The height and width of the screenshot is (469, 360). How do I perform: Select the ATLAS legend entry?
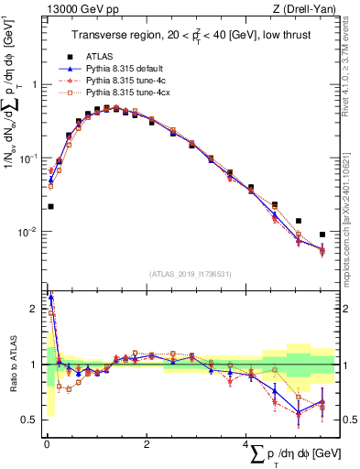click(x=112, y=56)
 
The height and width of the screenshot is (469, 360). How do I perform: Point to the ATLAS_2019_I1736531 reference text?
click(x=191, y=273)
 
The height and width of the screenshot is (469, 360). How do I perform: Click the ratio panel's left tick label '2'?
click(x=34, y=309)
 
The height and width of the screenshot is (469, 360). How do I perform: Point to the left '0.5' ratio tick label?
click(x=29, y=420)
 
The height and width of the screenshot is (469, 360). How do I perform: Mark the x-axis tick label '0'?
click(x=46, y=446)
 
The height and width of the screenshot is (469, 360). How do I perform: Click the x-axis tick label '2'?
click(x=147, y=446)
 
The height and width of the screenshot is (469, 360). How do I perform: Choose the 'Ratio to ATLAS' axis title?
click(x=13, y=365)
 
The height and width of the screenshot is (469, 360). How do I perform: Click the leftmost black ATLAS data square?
click(x=50, y=207)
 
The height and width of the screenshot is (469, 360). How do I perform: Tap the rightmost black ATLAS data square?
click(x=322, y=234)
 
